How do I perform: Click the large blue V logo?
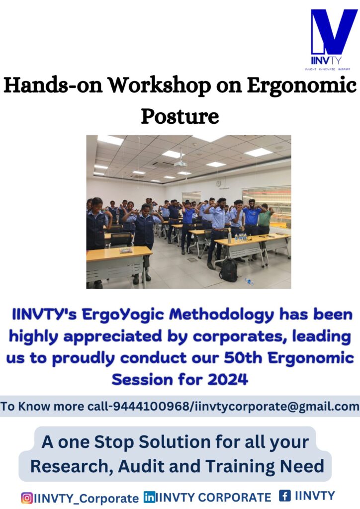click(x=334, y=32)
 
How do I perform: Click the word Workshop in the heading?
click(x=159, y=85)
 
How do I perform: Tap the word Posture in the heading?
click(x=180, y=116)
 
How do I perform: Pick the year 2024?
click(x=228, y=379)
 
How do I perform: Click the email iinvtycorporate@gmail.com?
click(x=277, y=407)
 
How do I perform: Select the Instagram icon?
click(x=27, y=498)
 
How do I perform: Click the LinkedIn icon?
click(x=149, y=497)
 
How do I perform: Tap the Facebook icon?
click(x=285, y=496)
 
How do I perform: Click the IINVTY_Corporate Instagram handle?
click(x=87, y=498)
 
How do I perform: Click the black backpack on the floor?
click(x=229, y=270)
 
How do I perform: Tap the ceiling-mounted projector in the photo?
click(x=180, y=163)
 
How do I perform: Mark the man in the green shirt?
click(x=264, y=218)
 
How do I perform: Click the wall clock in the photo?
click(x=218, y=183)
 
